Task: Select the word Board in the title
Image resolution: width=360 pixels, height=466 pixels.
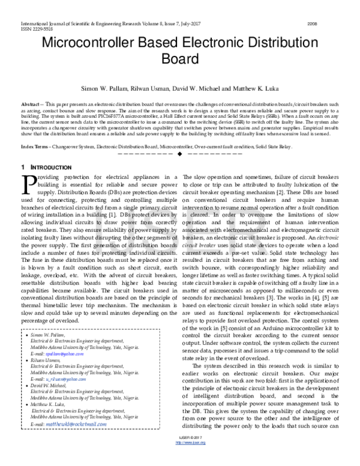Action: [179, 60]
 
